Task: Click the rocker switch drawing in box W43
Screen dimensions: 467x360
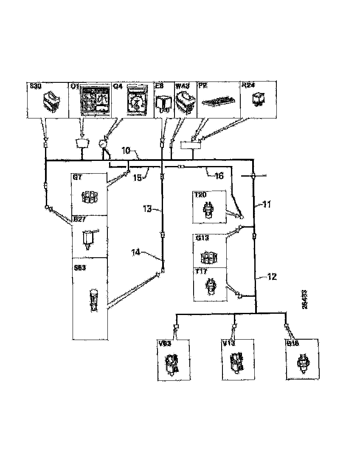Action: [x=186, y=102]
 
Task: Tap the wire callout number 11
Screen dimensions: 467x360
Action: [x=267, y=204]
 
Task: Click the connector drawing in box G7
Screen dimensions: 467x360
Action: [x=90, y=195]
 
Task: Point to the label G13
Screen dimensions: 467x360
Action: [x=202, y=238]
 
